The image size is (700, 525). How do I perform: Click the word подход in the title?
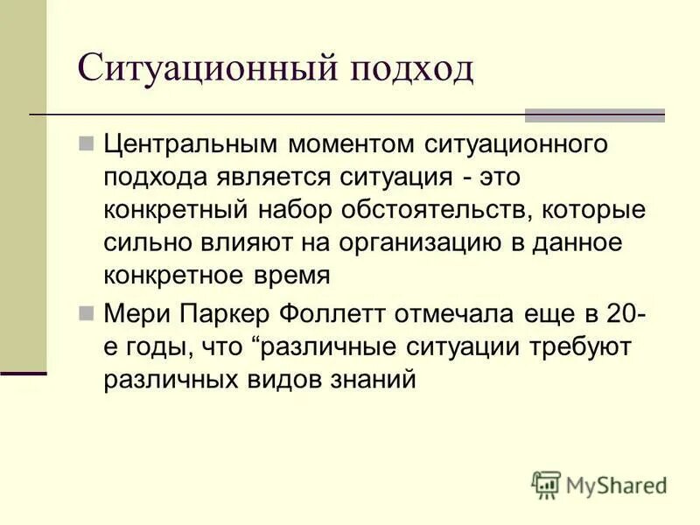pos(411,67)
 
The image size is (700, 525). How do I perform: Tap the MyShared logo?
pos(599,483)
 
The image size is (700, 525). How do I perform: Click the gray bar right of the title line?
pos(594,115)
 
